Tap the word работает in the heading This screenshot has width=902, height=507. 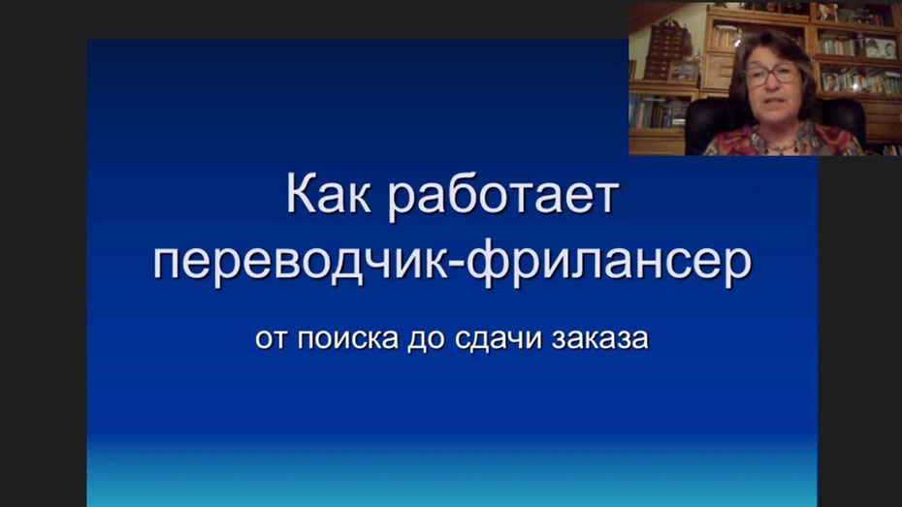pyautogui.click(x=500, y=197)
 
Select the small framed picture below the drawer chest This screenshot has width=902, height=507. pyautogui.click(x=684, y=70)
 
